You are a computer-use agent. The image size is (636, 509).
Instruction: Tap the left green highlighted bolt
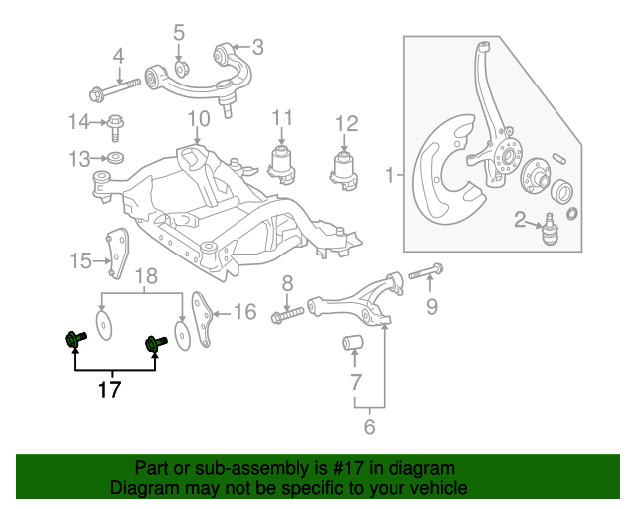pos(76,341)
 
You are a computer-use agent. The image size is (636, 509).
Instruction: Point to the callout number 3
pos(257,46)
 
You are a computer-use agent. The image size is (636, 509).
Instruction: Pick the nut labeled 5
pos(181,69)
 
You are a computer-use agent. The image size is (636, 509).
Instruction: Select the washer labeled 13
pos(117,158)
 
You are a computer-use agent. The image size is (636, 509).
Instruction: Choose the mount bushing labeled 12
pos(344,168)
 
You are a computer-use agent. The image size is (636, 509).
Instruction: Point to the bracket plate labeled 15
pos(118,255)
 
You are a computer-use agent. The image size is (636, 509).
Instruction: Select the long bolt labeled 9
pos(424,269)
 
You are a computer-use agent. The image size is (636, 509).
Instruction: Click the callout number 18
pos(146,275)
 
